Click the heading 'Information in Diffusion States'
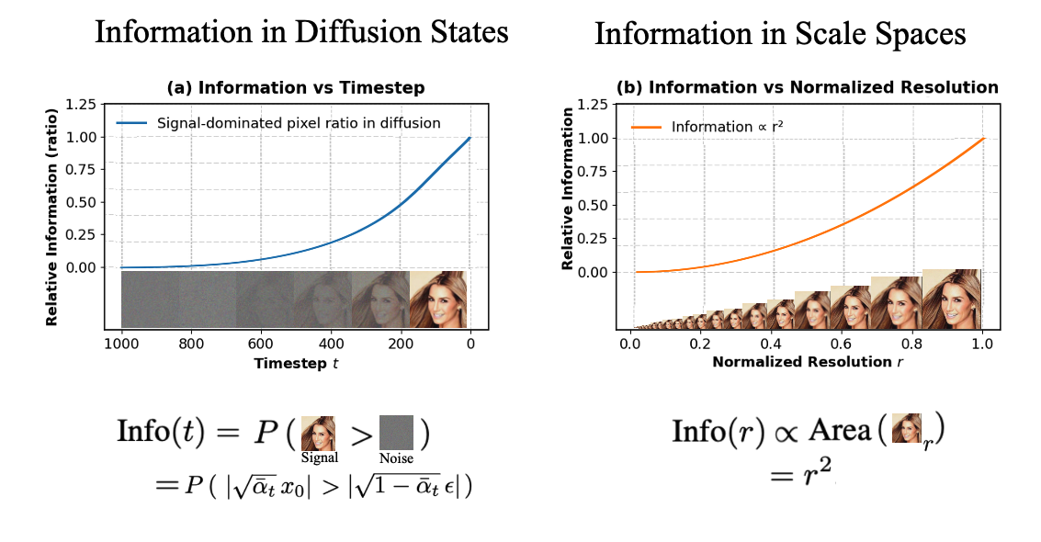pos(301,33)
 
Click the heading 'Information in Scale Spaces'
pos(780,35)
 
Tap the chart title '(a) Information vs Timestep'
pos(296,89)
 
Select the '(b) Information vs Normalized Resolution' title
pos(807,88)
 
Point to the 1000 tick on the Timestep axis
pos(120,345)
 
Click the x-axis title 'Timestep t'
pos(297,363)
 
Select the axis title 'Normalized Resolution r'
pos(806,363)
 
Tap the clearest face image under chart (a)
pos(438,299)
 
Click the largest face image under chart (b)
pos(952,299)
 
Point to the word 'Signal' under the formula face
pos(319,457)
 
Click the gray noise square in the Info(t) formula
pos(397,432)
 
